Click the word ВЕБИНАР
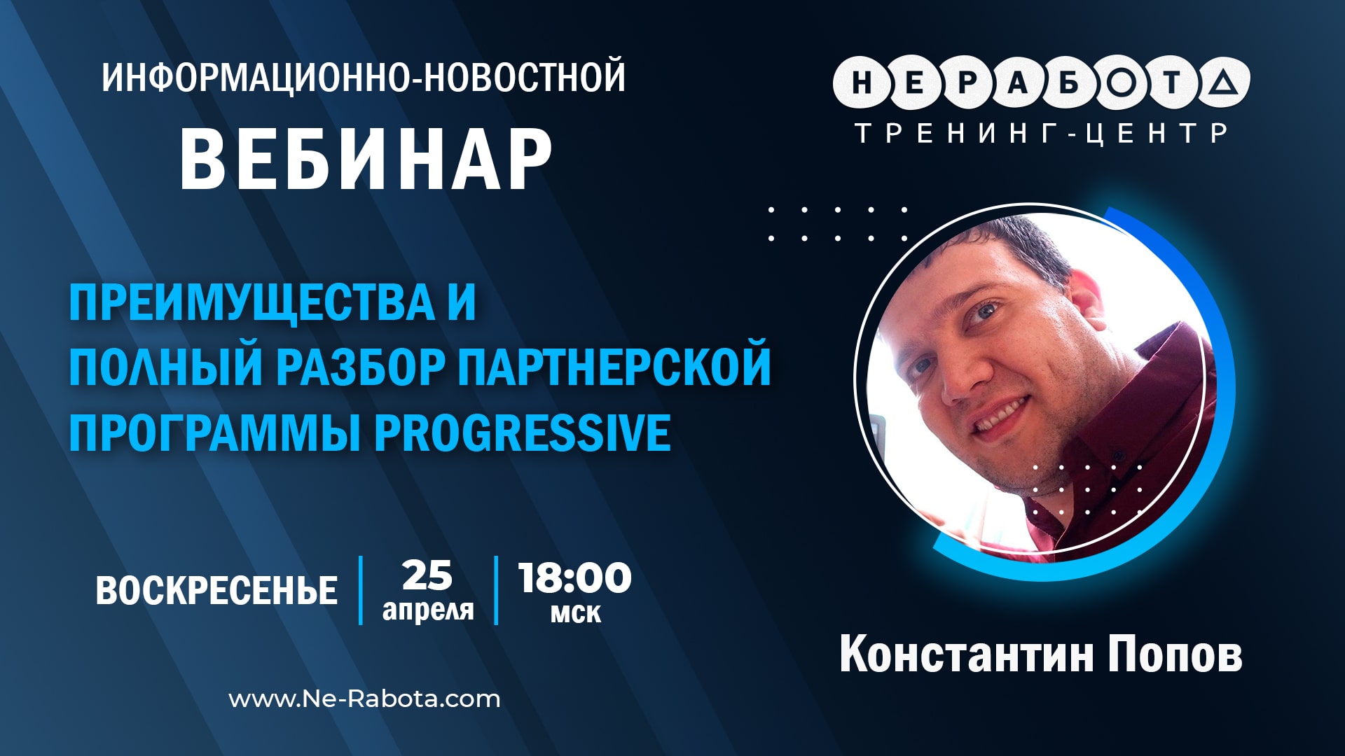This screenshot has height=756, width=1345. point(366,160)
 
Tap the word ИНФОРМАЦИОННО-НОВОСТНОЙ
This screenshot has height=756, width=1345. point(363,77)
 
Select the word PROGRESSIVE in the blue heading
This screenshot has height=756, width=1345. point(523,433)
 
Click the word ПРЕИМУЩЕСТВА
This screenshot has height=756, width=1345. point(252,302)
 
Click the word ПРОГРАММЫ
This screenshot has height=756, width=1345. point(213,433)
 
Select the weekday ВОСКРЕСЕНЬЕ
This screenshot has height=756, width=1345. point(216,591)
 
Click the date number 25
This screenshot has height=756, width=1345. point(427,576)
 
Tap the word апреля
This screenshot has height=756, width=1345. point(428,610)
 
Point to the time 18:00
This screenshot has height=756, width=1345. point(574,578)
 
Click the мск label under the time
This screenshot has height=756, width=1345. point(575,614)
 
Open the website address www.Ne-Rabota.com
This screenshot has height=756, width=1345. point(364,699)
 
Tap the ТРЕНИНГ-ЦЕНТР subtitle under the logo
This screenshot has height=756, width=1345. point(1042,132)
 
